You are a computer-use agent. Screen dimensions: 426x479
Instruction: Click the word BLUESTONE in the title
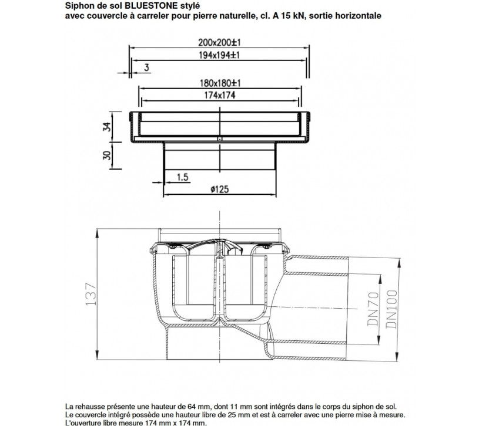coord(150,5)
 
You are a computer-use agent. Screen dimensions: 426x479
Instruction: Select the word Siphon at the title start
coord(78,5)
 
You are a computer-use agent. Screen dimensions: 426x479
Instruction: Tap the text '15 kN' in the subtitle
coord(303,15)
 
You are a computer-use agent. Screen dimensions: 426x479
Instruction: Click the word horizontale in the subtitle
coord(359,15)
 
